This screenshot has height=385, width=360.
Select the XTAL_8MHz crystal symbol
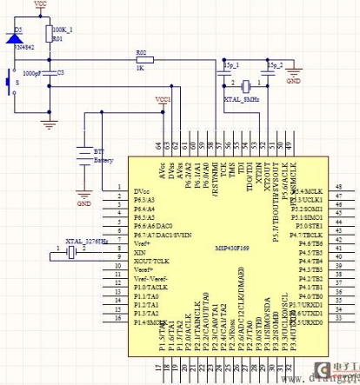(247, 85)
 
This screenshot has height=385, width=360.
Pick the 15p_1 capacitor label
(231, 65)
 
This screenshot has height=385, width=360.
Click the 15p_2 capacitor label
(276, 65)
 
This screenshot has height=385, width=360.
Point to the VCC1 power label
(163, 100)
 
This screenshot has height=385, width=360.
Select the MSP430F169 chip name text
(228, 245)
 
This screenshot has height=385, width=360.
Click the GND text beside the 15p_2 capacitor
(293, 82)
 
